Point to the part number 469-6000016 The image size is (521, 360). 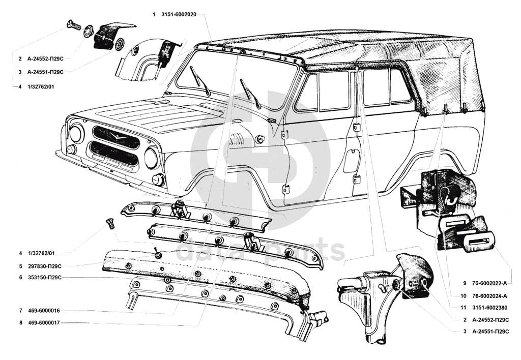(44, 310)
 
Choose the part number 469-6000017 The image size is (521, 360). (44, 322)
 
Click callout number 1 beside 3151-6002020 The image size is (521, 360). (154, 15)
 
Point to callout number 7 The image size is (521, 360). (20, 310)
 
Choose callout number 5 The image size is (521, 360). (20, 266)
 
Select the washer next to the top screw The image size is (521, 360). (88, 31)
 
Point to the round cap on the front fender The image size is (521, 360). (260, 139)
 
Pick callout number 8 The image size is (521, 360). (20, 322)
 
